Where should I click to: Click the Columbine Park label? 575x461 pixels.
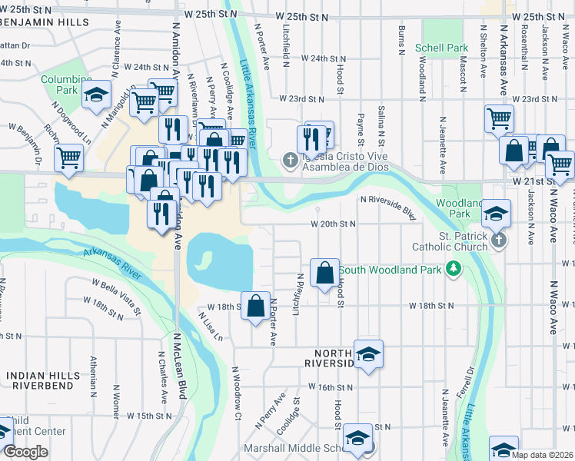click(x=59, y=84)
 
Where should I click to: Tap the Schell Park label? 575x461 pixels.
click(x=441, y=48)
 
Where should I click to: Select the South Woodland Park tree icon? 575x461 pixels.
click(x=454, y=269)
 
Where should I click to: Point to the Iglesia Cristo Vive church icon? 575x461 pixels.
click(x=289, y=161)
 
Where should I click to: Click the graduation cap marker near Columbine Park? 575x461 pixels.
click(x=96, y=95)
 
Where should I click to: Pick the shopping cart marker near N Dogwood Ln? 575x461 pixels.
click(x=68, y=158)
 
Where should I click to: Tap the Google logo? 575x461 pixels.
click(x=25, y=452)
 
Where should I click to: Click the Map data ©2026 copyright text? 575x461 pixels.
click(x=542, y=455)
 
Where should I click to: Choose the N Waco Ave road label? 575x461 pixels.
click(x=552, y=307)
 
